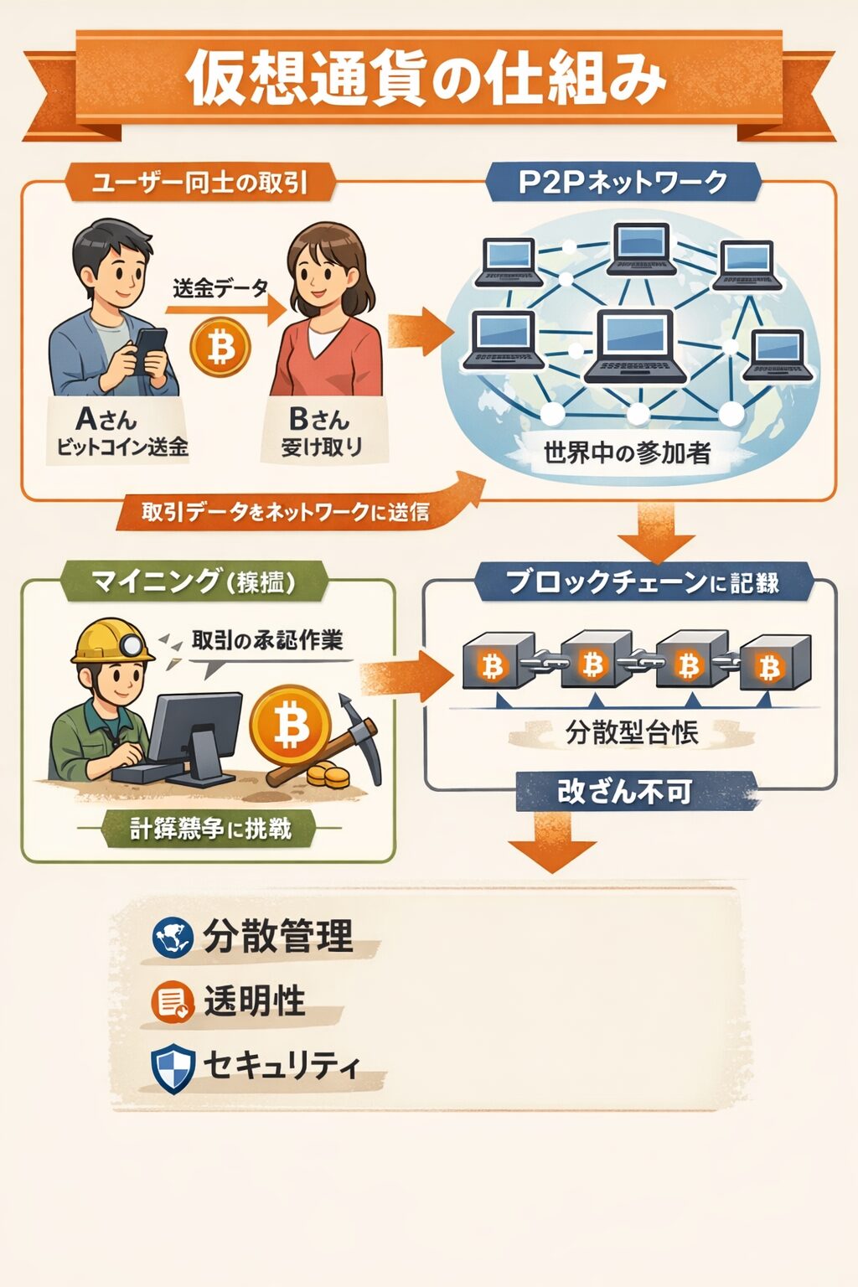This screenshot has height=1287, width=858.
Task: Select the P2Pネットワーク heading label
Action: (623, 182)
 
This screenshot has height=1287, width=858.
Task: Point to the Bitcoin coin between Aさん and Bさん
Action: (220, 346)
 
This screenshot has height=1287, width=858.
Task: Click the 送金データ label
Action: (220, 289)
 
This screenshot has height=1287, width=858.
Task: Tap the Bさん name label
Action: (319, 418)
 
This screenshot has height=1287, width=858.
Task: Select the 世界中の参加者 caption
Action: (627, 453)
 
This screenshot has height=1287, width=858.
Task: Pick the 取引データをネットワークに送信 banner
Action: (285, 511)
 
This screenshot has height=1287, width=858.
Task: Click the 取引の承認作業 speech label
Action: (266, 641)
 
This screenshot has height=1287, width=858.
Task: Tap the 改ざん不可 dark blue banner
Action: (625, 792)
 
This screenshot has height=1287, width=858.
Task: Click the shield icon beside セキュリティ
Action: (173, 1067)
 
